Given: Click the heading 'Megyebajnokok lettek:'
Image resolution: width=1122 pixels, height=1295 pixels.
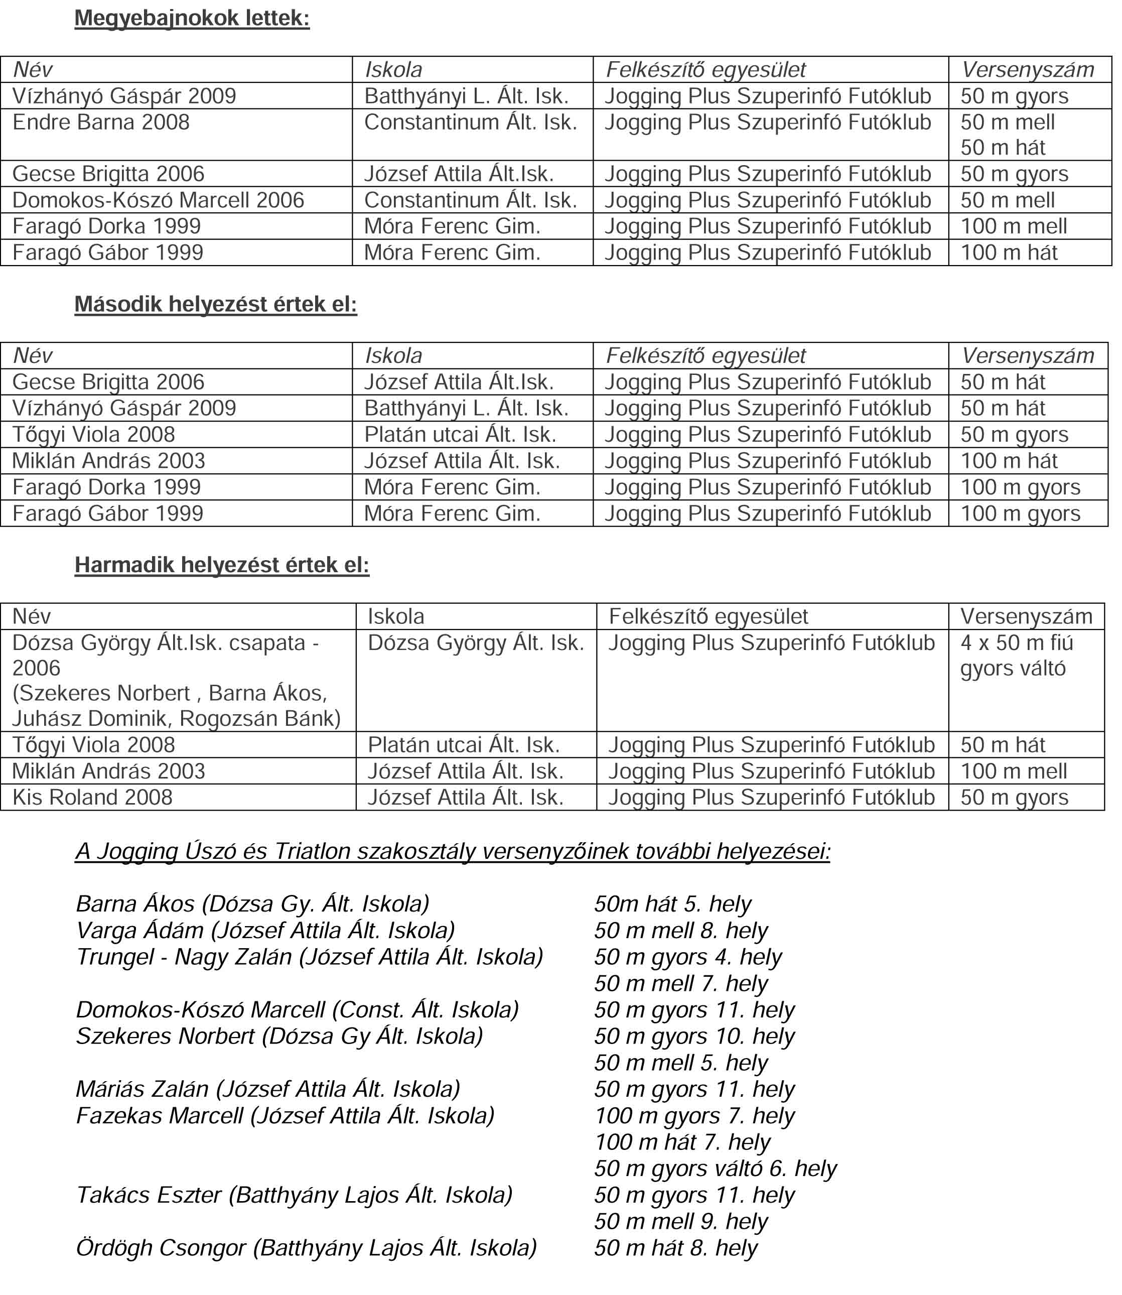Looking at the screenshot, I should point(192,18).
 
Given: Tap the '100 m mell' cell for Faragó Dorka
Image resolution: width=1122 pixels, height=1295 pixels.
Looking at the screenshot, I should point(1013,226).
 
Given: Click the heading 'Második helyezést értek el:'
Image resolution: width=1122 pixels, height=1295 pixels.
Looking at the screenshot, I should point(215,304).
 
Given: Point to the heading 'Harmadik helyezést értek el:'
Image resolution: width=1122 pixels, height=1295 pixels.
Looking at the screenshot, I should point(222,565).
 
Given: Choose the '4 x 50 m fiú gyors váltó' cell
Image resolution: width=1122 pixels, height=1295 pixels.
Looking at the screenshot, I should point(1016,655).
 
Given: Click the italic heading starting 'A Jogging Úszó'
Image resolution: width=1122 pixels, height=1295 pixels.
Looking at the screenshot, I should point(452,852).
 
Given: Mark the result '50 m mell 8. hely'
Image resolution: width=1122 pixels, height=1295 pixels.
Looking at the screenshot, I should point(680,931).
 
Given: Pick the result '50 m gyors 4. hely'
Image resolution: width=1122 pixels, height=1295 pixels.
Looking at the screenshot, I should point(688,957).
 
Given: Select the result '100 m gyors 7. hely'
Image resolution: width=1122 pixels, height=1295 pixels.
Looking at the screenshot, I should point(694,1115).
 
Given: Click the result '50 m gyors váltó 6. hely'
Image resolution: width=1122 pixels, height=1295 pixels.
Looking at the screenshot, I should point(715,1169).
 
